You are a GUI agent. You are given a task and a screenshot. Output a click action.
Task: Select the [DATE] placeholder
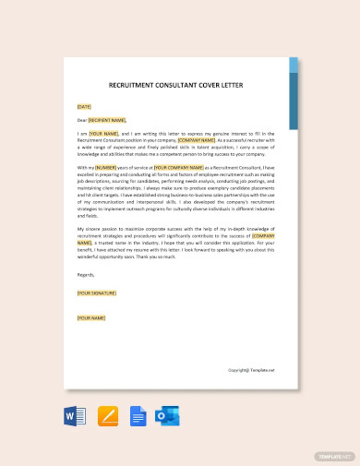tap(85, 106)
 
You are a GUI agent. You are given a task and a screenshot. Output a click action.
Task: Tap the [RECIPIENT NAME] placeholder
tap(107, 120)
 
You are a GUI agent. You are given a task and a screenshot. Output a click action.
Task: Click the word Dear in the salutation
tap(82, 120)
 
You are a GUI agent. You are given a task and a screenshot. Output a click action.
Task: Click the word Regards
tap(86, 274)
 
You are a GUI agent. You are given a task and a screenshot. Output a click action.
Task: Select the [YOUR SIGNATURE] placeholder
tap(98, 292)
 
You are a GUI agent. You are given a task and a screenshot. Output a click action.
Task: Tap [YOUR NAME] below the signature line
tap(90, 317)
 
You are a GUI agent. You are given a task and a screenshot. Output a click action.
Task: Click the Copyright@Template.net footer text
tap(251, 369)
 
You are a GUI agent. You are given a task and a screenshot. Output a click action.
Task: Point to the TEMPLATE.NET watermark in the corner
tap(336, 456)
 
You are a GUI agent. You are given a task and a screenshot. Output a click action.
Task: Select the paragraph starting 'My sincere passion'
tap(176, 242)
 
